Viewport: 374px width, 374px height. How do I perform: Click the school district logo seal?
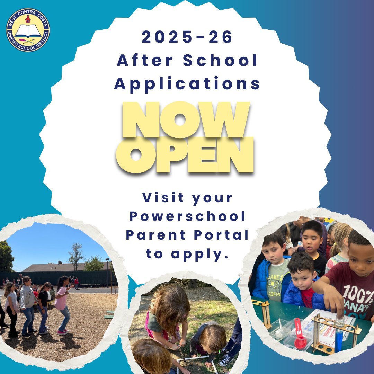click(28, 30)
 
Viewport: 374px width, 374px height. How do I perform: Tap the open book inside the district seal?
click(28, 31)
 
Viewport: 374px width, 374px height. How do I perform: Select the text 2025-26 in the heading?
click(187, 38)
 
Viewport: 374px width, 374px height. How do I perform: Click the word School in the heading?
click(221, 61)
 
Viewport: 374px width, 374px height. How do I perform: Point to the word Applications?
click(187, 84)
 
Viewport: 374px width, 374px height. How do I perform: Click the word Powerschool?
click(187, 217)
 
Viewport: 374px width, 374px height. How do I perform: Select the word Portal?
click(226, 235)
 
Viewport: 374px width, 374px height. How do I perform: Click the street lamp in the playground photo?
click(108, 274)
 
